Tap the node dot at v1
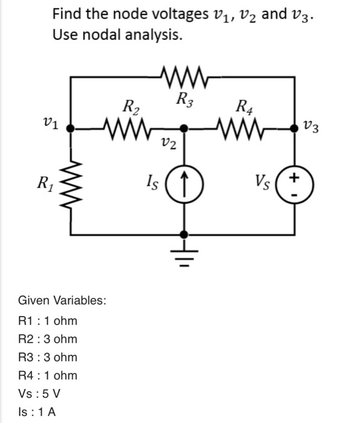tap(71, 128)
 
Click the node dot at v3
tap(294, 128)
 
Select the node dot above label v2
tap(184, 128)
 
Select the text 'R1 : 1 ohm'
tap(48, 320)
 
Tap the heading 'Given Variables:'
tap(62, 300)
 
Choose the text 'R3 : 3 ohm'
tap(48, 357)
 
